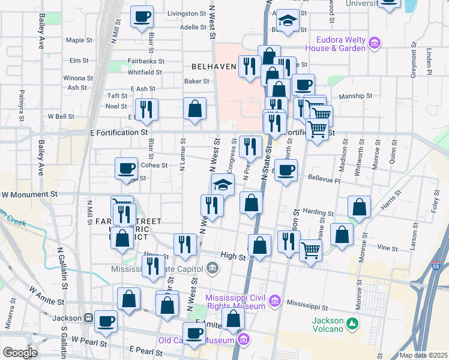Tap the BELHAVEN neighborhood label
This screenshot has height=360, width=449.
(x=213, y=67)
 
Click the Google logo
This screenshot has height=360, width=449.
(x=20, y=352)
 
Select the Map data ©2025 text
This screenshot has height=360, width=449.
(x=423, y=355)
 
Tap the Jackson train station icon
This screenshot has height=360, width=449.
(x=88, y=317)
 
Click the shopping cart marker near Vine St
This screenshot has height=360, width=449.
(x=310, y=249)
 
